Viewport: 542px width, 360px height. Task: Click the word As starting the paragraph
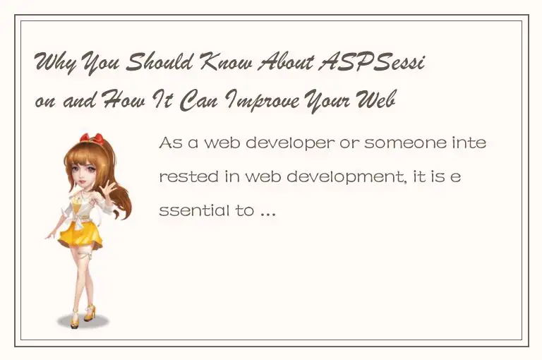(170, 143)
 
